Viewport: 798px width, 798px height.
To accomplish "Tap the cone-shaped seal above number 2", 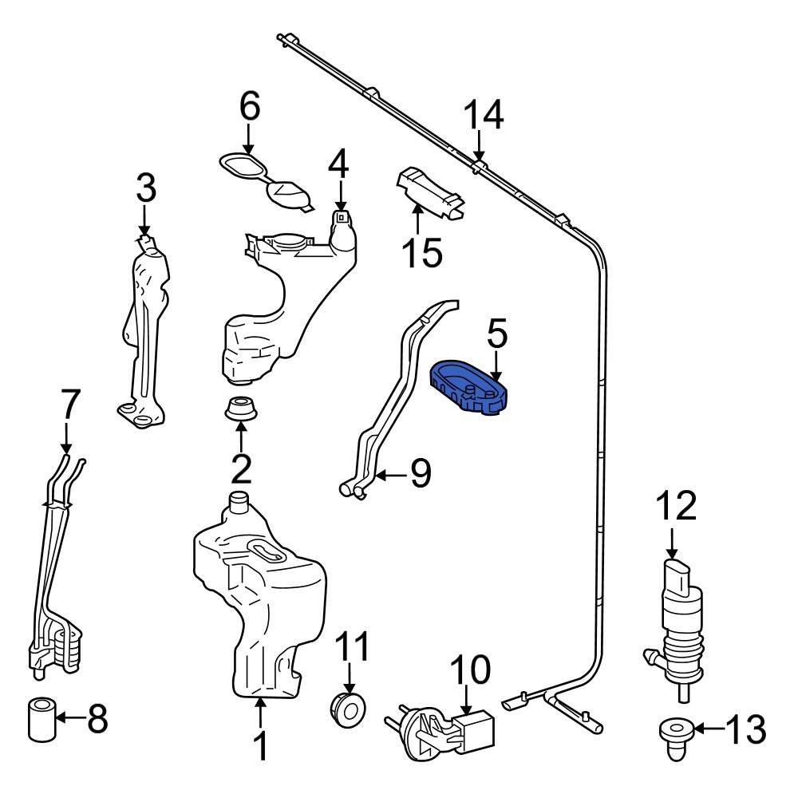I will [240, 409].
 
